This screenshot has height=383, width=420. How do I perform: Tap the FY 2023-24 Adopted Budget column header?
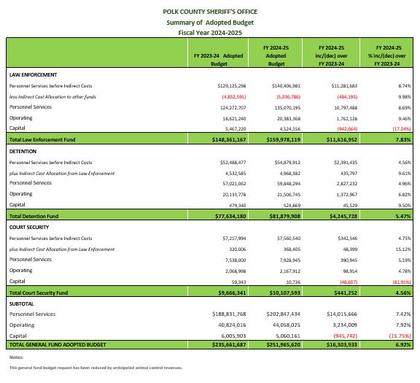218,59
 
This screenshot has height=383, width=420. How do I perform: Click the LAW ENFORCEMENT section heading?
33,75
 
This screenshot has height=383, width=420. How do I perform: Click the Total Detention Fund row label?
36,217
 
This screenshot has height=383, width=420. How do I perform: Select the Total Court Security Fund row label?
43,292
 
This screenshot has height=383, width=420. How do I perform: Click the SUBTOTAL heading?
23,303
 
